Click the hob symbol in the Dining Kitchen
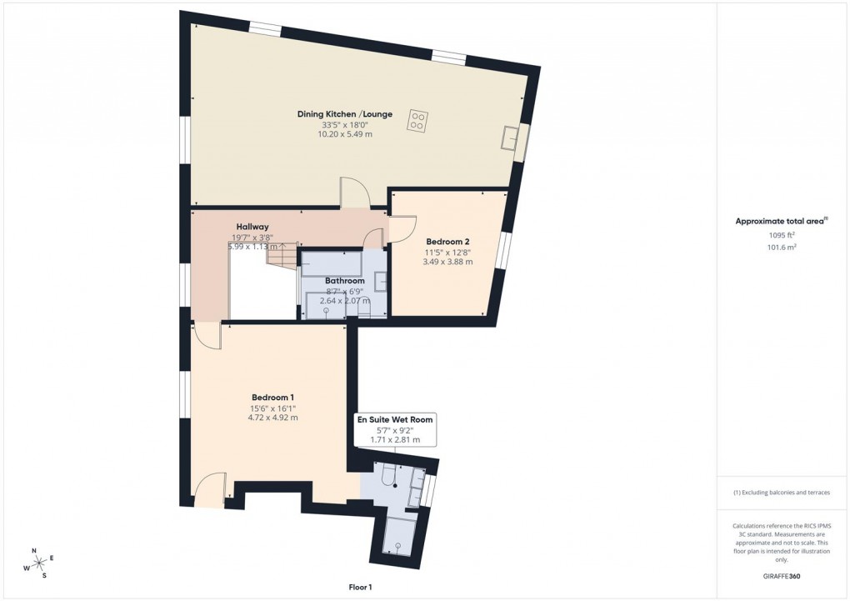[417, 121]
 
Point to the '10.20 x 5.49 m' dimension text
[345, 134]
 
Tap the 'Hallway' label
[252, 226]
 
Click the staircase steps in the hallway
[282, 255]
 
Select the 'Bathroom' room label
[344, 281]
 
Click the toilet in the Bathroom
[363, 309]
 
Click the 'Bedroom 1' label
[272, 397]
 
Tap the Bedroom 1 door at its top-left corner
[207, 336]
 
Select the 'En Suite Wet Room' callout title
[395, 419]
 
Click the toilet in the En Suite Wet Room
[388, 476]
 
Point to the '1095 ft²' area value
[781, 235]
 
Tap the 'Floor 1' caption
[362, 588]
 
